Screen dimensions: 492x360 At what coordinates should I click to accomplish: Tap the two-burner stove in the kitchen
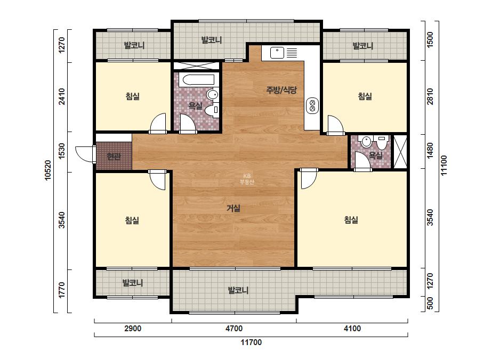(x=312, y=105)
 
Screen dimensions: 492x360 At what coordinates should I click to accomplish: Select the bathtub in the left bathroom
(x=197, y=80)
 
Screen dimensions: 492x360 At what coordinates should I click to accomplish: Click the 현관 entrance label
(x=114, y=156)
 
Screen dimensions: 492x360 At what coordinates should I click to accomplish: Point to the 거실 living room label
(x=233, y=208)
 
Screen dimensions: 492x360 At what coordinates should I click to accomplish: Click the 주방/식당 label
(x=281, y=91)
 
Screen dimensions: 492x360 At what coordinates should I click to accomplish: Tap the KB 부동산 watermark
(x=247, y=179)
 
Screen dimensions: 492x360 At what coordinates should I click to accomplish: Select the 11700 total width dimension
(x=251, y=342)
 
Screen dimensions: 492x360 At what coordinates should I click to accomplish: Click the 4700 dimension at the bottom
(x=234, y=329)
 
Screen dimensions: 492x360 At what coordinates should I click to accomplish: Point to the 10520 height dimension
(x=48, y=170)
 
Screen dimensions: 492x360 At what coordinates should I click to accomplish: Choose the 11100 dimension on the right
(x=444, y=166)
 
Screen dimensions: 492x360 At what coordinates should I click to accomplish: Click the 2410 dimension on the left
(x=62, y=96)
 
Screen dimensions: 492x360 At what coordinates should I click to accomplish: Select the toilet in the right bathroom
(x=382, y=143)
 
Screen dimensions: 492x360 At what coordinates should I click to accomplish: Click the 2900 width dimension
(x=133, y=329)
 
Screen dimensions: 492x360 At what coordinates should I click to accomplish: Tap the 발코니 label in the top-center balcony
(x=212, y=40)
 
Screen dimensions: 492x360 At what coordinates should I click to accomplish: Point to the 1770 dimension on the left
(x=62, y=290)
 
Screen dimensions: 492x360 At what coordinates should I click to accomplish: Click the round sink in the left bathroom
(x=213, y=94)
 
